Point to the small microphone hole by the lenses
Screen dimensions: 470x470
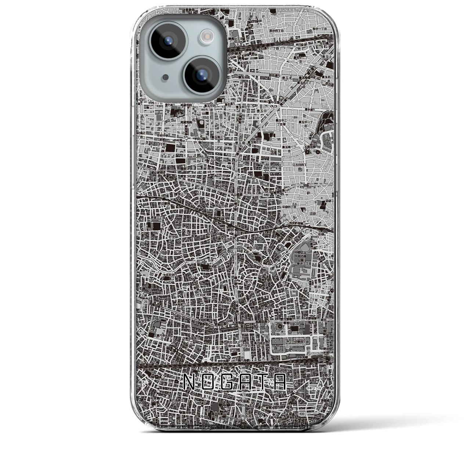(x=165, y=77)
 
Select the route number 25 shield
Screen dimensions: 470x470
(x=146, y=301)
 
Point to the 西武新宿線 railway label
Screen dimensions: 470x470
(x=297, y=223)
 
